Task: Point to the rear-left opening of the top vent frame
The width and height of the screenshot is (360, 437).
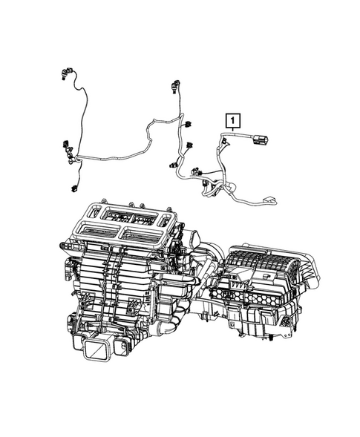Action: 115,215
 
